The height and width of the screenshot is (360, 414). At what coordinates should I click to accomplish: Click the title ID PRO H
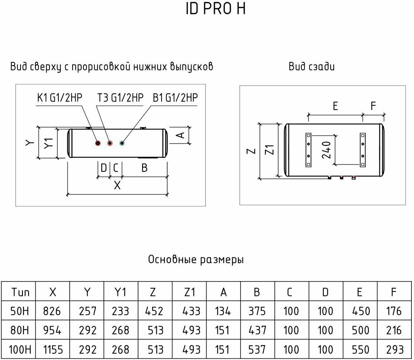[216, 10]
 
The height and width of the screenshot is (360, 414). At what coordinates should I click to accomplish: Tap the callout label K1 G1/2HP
[59, 98]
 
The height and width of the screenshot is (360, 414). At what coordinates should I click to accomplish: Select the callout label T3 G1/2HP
[120, 98]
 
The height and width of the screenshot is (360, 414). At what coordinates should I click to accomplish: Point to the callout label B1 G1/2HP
[175, 98]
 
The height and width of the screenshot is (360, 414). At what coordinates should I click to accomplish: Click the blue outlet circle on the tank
[122, 143]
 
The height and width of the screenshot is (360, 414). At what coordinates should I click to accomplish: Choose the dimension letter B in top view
[144, 168]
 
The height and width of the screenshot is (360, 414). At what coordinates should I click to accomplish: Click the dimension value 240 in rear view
[327, 150]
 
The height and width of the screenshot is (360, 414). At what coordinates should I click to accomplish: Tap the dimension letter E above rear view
[335, 106]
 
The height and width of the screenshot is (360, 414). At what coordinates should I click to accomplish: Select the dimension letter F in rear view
[374, 106]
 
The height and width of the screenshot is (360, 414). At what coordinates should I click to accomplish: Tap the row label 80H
[18, 330]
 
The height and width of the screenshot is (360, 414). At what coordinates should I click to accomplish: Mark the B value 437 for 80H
[257, 330]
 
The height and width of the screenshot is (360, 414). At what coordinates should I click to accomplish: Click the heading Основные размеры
[196, 259]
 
